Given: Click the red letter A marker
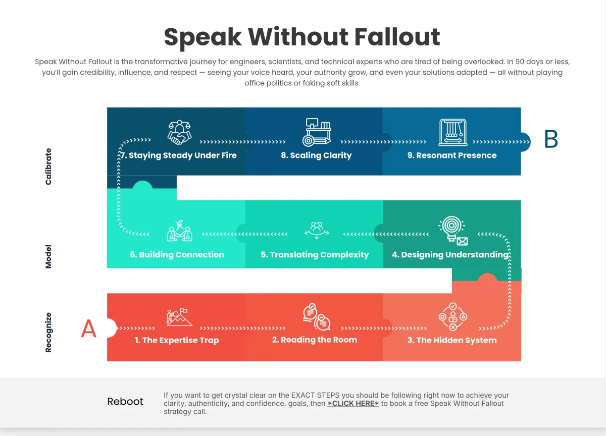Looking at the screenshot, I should [x=89, y=329].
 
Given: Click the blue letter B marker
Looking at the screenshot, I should [x=551, y=139].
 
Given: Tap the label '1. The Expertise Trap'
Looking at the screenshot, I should [x=177, y=340].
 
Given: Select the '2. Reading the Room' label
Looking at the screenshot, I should [x=315, y=340].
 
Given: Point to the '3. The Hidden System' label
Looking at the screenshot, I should [x=452, y=340].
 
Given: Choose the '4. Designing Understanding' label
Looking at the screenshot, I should [x=450, y=254].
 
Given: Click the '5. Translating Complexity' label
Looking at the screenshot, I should [x=315, y=254].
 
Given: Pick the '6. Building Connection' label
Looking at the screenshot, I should [x=177, y=254].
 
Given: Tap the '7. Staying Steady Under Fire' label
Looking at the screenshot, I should [x=178, y=155].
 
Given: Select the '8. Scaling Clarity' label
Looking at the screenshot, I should [x=316, y=155].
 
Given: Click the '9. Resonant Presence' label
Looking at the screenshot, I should [x=452, y=155].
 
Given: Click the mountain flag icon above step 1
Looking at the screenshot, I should [x=179, y=317].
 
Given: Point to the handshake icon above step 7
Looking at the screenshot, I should [x=180, y=132].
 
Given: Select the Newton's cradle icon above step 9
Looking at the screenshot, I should [x=453, y=132].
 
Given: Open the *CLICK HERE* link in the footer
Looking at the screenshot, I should [x=353, y=403].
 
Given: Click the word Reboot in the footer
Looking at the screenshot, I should [x=125, y=402].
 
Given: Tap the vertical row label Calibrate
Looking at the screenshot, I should [x=48, y=167].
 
